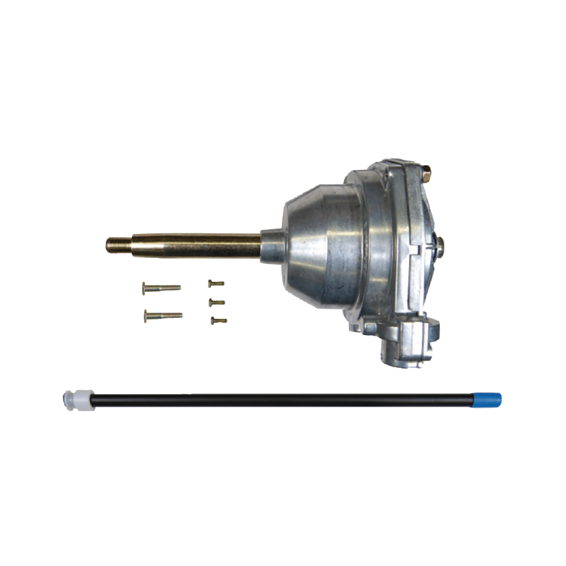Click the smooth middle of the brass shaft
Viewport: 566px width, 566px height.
click(x=193, y=245)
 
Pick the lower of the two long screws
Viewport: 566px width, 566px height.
click(x=164, y=315)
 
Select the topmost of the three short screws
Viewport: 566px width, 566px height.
click(x=216, y=284)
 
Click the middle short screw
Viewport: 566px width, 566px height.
click(x=217, y=302)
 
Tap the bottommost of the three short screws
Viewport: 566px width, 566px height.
click(x=218, y=320)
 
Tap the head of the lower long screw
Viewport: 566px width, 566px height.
click(x=146, y=316)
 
